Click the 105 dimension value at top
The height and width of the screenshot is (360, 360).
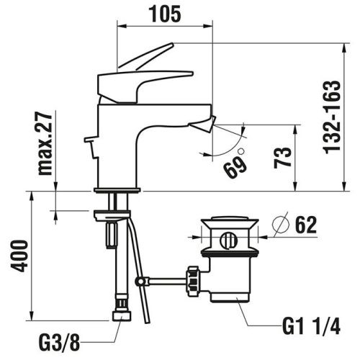pyautogui.click(x=165, y=12)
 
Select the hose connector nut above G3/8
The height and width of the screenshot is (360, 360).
pyautogui.click(x=121, y=316)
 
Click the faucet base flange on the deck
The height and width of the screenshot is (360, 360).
pyautogui.click(x=115, y=190)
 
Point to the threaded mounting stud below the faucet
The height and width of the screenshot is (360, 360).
pyautogui.click(x=112, y=234)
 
